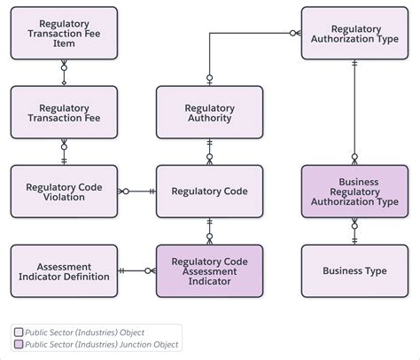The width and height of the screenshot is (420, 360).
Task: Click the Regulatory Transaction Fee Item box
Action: [64, 33]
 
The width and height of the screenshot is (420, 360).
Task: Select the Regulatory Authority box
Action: [209, 113]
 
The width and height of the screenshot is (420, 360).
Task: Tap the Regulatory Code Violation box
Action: [64, 192]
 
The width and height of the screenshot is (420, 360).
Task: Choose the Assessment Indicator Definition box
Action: [64, 271]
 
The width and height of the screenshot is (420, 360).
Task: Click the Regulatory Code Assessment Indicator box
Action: [209, 271]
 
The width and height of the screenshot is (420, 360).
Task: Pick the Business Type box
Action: [354, 271]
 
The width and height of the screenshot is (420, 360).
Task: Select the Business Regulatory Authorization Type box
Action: [354, 192]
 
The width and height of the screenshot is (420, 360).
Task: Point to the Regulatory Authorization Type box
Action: [354, 33]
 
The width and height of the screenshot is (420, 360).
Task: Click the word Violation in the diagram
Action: [64, 197]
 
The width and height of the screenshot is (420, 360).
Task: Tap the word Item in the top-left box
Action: [64, 43]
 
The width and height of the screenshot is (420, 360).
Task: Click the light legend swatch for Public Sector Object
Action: [19, 333]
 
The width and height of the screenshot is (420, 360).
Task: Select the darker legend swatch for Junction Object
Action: [19, 344]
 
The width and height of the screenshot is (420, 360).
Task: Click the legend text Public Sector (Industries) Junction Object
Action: [101, 345]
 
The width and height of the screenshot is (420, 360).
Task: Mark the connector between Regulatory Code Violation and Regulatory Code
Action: [136, 192]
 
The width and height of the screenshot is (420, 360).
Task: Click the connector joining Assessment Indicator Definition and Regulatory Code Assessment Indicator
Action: [136, 270]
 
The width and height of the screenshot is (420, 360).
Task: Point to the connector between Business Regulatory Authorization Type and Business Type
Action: [354, 231]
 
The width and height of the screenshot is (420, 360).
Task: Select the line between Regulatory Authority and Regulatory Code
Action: [209, 152]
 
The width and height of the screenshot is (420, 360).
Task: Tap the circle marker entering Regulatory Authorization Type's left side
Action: [292, 33]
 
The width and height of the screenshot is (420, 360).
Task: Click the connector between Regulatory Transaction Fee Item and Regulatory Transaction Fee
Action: [64, 73]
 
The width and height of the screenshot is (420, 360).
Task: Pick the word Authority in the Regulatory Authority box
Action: [209, 118]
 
